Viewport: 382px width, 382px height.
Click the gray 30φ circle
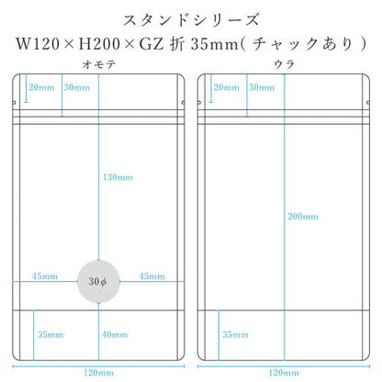coord(98,282)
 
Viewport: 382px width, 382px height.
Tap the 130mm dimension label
coord(118,177)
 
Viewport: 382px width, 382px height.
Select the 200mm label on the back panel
coord(303,217)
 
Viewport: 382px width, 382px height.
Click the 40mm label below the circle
coord(115,334)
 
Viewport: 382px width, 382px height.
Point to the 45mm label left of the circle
coord(45,276)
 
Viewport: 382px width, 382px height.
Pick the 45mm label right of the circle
coord(152,276)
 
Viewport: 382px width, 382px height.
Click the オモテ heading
coord(99,64)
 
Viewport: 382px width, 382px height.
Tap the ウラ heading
coord(284,64)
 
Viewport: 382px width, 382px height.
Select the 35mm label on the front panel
coord(51,334)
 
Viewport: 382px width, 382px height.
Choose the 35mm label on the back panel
coord(235,334)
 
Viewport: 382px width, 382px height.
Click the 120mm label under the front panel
coord(98,373)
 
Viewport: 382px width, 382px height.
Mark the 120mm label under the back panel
coord(284,373)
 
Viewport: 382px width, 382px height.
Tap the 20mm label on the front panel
coord(41,87)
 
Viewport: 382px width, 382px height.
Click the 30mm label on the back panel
coord(262,87)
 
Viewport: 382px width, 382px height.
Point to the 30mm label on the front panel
coord(77,87)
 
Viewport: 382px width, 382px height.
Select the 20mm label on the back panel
coord(227,87)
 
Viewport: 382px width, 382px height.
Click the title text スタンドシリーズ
coord(191,20)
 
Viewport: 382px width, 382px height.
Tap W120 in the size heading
coord(38,44)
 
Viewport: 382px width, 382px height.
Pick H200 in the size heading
coord(99,44)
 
